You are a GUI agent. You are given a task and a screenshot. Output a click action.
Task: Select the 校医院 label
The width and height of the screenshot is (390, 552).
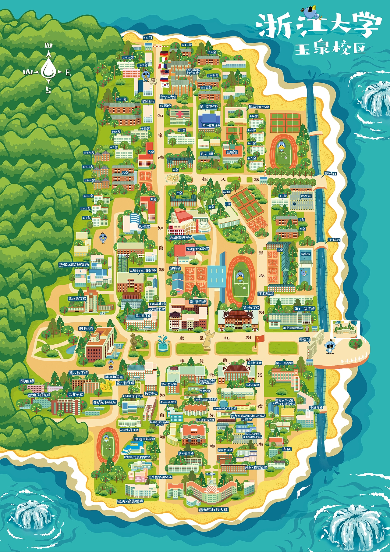click(165, 106)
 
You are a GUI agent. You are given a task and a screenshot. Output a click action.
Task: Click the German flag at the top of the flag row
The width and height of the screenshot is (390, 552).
click(165, 53)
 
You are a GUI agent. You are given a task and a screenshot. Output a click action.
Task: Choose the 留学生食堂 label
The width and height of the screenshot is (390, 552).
click(168, 97)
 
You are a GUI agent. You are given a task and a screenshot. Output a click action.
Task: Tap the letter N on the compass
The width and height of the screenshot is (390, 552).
click(48, 46)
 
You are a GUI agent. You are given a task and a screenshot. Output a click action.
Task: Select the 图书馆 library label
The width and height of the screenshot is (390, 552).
click(86, 328)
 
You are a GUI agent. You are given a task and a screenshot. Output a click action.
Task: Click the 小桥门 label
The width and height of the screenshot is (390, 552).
click(334, 240)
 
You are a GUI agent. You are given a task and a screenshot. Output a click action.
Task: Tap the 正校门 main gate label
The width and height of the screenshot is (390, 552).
click(304, 339)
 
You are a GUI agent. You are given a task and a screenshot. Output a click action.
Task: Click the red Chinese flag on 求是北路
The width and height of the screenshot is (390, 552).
click(260, 338)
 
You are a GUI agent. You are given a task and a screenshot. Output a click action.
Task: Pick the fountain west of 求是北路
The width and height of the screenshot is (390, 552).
click(162, 343)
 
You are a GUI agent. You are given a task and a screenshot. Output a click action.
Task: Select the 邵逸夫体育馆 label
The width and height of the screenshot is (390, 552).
click(197, 249)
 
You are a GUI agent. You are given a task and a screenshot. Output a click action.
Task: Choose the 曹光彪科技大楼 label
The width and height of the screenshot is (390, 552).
click(213, 510)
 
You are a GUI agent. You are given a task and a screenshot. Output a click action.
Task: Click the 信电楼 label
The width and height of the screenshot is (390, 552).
click(27, 381)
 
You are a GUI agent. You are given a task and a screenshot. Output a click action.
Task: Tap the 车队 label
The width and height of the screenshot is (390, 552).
click(287, 449)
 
